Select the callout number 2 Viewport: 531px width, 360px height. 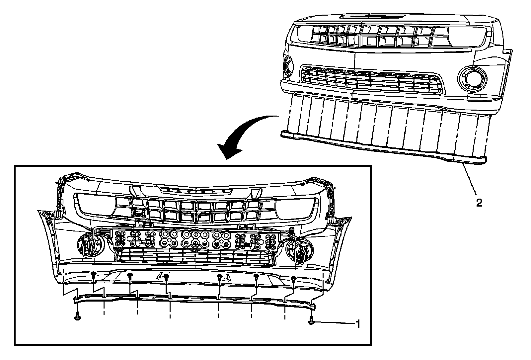point(479,203)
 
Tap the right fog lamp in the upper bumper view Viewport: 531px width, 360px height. point(472,78)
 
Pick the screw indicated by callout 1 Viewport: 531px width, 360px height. point(312,321)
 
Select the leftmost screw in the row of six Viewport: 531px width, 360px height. point(94,274)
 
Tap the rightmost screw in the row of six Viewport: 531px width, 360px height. point(293,279)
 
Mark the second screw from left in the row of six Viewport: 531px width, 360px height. point(130,275)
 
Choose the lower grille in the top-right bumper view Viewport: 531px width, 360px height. point(372,79)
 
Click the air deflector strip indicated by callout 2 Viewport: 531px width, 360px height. point(382,146)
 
